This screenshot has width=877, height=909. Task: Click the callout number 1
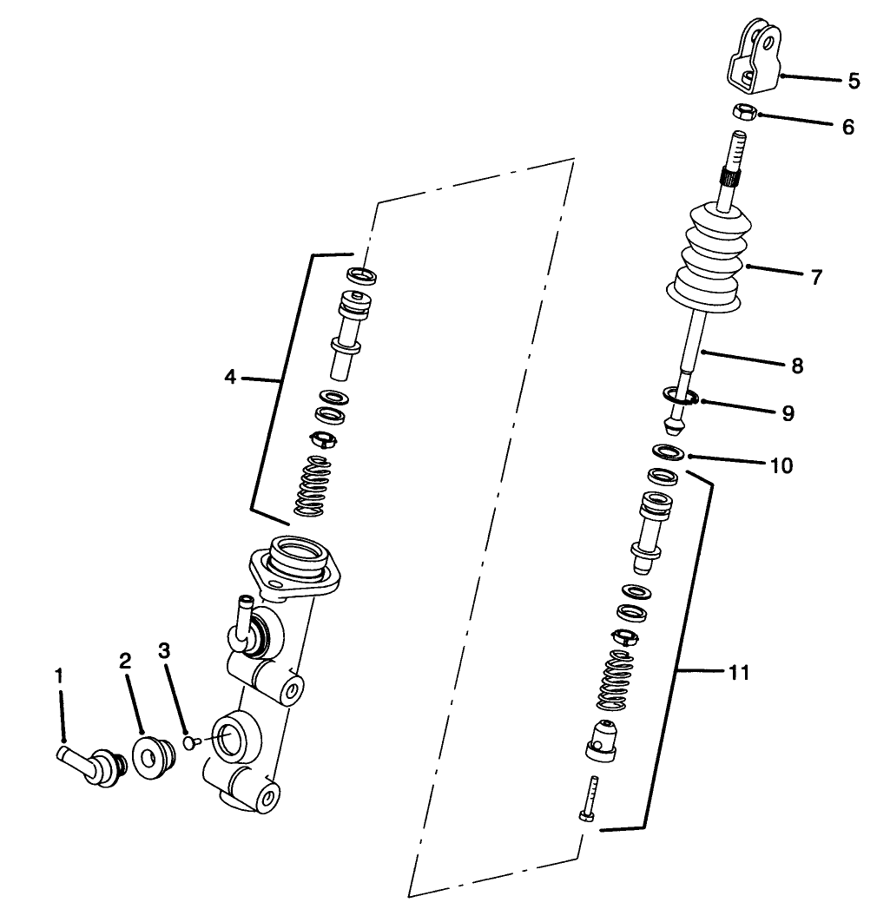(x=60, y=675)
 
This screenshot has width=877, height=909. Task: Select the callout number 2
(x=125, y=661)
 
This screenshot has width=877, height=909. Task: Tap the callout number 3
(x=164, y=649)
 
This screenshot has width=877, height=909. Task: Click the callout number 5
(x=854, y=81)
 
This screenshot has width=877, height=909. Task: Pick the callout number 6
(x=847, y=127)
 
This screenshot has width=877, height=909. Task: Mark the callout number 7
(x=816, y=278)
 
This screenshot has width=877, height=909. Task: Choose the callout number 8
(x=797, y=366)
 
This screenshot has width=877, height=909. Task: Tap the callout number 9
(x=788, y=413)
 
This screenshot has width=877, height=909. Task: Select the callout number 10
(x=781, y=466)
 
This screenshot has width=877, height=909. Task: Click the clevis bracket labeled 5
(x=752, y=57)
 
